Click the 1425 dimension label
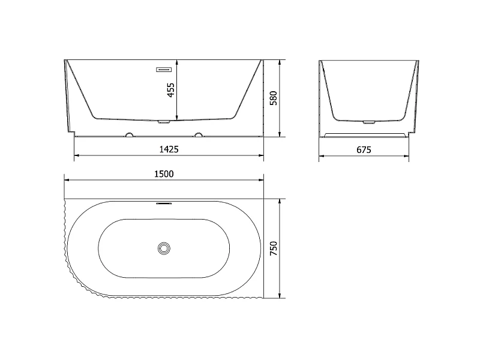pyautogui.click(x=169, y=149)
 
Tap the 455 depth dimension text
pyautogui.click(x=171, y=90)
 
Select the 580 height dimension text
pyautogui.click(x=274, y=98)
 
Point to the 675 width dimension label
pyautogui.click(x=364, y=149)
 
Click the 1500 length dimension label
pyautogui.click(x=164, y=174)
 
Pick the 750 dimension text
pyautogui.click(x=274, y=248)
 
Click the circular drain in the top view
pyautogui.click(x=164, y=248)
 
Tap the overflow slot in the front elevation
pyautogui.click(x=164, y=70)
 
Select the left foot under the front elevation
pyautogui.click(x=130, y=134)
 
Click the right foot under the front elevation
pyautogui.click(x=199, y=134)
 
